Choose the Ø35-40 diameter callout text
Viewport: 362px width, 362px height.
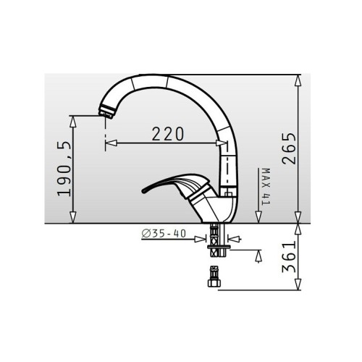pos(162,232)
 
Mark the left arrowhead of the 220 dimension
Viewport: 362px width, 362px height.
pos(109,143)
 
